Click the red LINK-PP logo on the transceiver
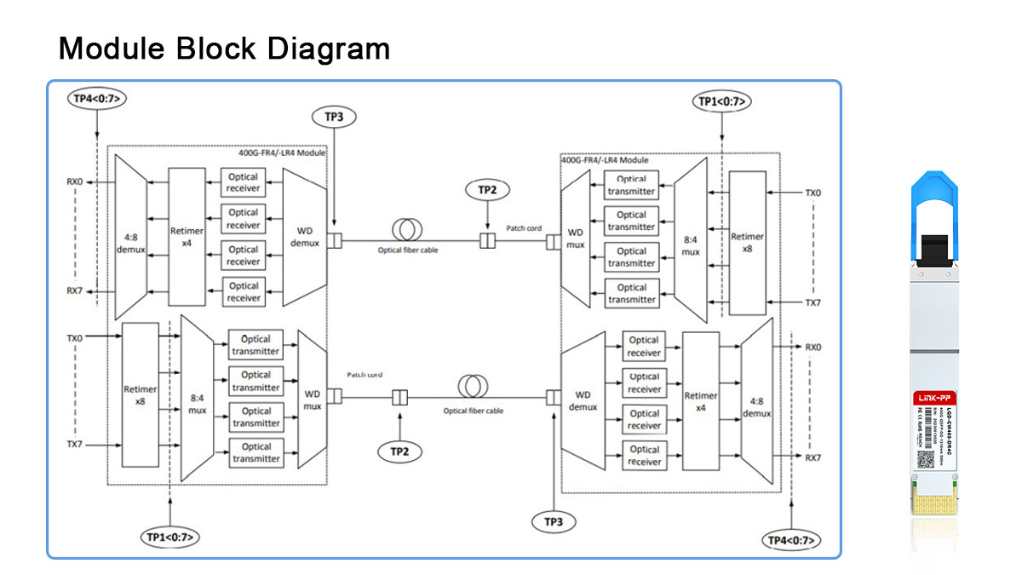click(930, 399)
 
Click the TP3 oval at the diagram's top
click(334, 117)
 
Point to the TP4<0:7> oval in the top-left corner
click(98, 99)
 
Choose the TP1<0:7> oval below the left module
click(169, 537)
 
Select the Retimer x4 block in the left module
click(187, 236)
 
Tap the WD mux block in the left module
click(313, 400)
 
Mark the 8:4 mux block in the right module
click(691, 246)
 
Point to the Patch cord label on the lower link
click(365, 375)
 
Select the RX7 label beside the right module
click(812, 457)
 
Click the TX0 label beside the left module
click(75, 338)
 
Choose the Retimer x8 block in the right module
click(747, 243)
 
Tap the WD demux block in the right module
click(583, 400)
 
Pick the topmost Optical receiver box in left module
click(244, 182)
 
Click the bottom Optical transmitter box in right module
click(632, 294)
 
